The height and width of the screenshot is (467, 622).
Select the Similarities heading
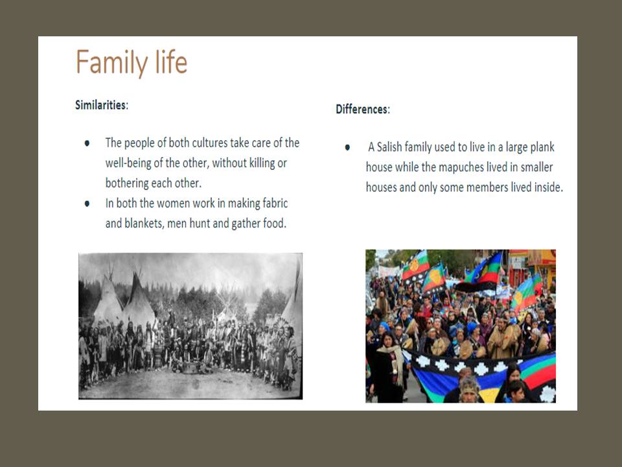pos(102,105)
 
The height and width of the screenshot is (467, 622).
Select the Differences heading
pos(363,109)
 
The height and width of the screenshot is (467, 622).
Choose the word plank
pos(542,147)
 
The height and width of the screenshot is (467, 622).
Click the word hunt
pos(200,223)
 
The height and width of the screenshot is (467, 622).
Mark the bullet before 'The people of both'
pos(87,143)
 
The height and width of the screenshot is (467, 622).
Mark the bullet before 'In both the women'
pos(87,203)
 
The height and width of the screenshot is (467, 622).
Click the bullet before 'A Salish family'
pos(347,147)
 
